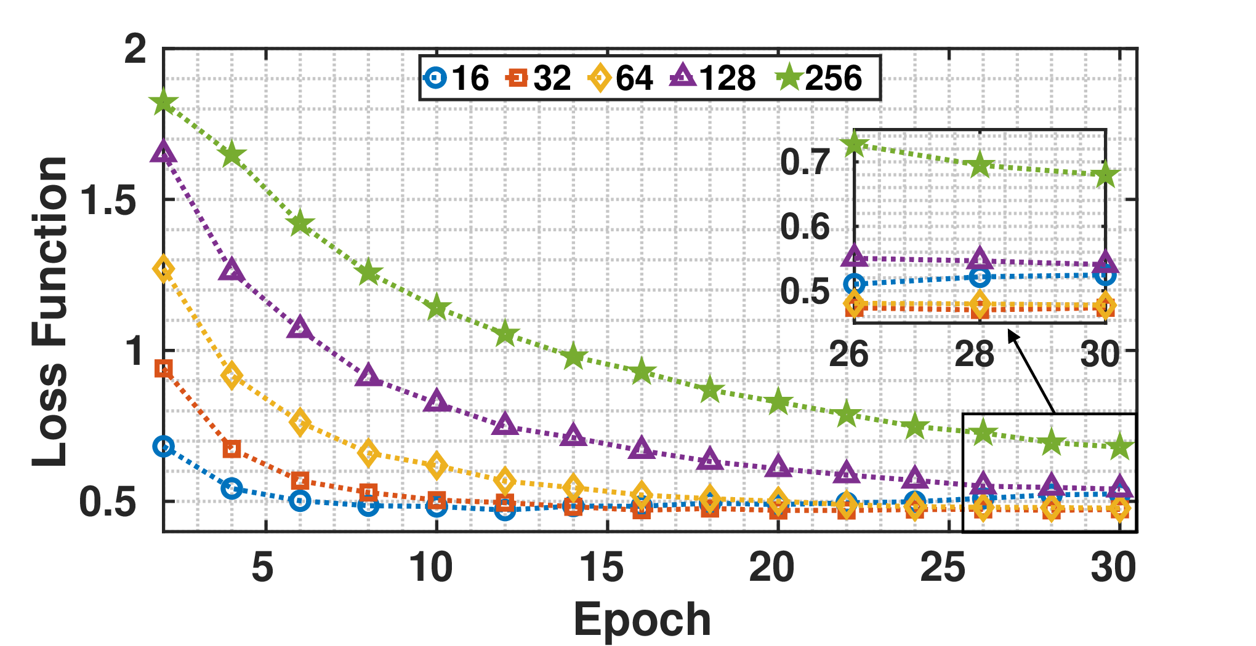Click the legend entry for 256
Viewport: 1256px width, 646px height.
pos(819,78)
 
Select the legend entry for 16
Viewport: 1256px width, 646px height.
pos(456,78)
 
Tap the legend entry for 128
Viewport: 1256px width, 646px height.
pos(713,78)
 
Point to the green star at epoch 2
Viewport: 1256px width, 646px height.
pos(163,102)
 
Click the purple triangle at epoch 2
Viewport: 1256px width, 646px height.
pos(163,151)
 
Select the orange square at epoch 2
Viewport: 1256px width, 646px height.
pos(163,369)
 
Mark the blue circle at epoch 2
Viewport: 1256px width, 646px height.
pos(163,447)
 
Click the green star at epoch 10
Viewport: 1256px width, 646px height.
pos(437,306)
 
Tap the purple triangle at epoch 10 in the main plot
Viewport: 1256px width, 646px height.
pos(437,401)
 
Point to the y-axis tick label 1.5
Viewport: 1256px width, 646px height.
pos(108,199)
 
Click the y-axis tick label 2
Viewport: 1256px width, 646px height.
pos(135,49)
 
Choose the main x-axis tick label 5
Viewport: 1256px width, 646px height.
pos(262,567)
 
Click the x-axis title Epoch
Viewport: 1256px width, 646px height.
pos(642,620)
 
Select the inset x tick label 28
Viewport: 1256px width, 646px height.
pos(975,354)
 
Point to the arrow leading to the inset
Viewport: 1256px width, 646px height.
pos(1031,372)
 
